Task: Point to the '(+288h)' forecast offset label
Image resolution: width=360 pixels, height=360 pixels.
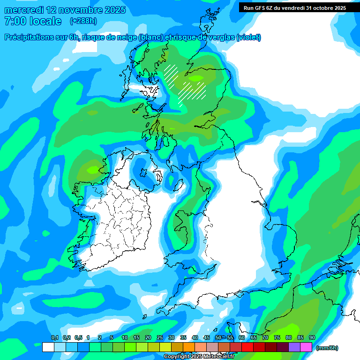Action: [83, 21]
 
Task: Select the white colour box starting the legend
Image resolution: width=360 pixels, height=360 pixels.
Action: [48, 347]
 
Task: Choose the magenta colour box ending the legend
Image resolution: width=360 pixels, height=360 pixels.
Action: [306, 347]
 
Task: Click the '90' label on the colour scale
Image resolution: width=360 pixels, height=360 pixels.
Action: [312, 337]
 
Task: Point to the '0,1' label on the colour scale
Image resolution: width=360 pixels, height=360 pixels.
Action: [54, 337]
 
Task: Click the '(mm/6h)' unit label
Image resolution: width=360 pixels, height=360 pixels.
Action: [327, 348]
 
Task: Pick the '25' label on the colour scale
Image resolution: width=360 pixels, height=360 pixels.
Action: [159, 337]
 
